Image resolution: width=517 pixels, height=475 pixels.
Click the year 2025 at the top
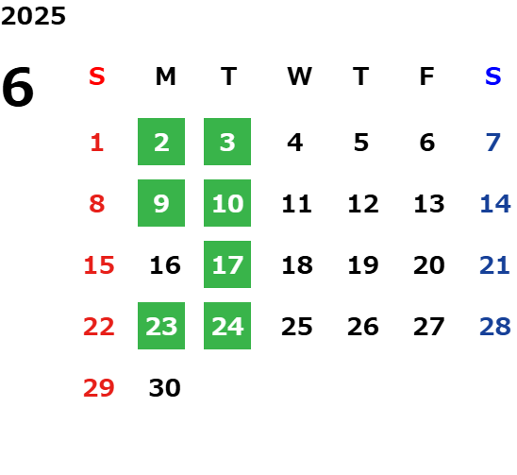pos(33,16)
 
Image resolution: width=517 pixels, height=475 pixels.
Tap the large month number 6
pos(18,87)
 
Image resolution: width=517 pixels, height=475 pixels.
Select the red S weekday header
pos(97,76)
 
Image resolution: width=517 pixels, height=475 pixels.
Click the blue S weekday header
pos(493,76)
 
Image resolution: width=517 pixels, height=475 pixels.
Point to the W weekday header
pos(299,76)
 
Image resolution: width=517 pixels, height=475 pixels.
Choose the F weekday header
pos(427,76)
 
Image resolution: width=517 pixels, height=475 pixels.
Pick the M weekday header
pos(165,76)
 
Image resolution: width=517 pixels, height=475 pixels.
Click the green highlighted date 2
pos(161,142)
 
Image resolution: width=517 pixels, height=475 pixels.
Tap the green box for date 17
pos(227,264)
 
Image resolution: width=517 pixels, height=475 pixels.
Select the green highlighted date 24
pos(227,326)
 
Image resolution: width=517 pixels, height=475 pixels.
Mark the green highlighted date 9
pos(161,203)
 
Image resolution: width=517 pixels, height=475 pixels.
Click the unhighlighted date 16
pos(165,265)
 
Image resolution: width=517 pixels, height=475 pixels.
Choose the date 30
pos(165,388)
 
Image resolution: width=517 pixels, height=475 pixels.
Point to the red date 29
pos(99,388)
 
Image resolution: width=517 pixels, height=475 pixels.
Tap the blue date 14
pos(495,204)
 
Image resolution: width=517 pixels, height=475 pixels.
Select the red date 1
pos(97,143)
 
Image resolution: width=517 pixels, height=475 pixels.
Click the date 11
pos(297,204)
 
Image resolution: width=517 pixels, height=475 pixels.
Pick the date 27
pos(429,327)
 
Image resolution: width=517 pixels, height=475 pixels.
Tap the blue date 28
pos(495,327)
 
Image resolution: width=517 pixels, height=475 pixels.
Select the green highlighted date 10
pos(227,203)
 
